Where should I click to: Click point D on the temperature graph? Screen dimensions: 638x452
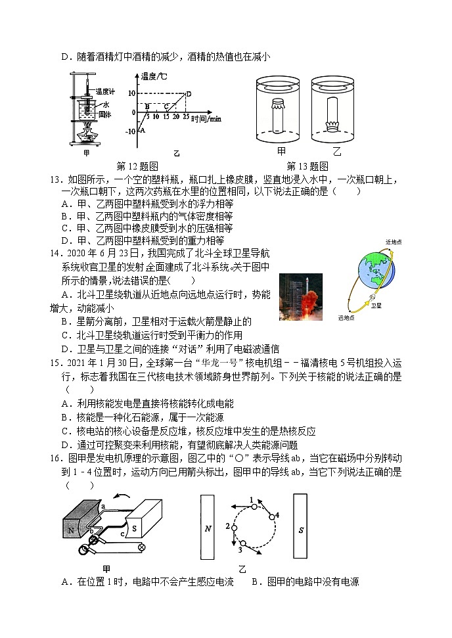189,93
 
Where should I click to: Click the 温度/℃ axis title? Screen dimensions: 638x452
154,77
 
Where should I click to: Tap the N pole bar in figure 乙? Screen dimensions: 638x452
209,528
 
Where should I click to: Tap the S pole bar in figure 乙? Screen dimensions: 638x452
301,528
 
